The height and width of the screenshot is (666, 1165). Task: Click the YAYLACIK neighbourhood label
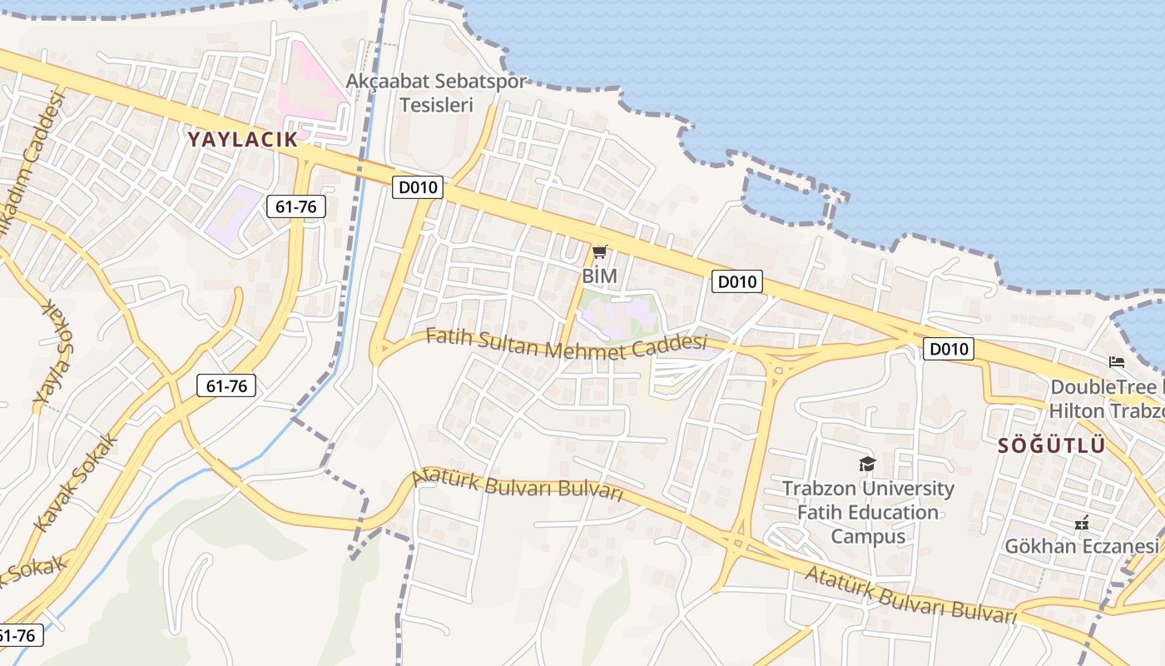point(242,139)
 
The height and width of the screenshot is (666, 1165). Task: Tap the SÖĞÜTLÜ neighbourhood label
point(1052,445)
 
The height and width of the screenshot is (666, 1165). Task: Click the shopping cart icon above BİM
point(599,251)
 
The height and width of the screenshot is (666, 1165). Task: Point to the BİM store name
point(599,276)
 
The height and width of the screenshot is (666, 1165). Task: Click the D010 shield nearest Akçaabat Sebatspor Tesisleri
point(418,187)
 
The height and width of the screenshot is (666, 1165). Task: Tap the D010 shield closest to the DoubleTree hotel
point(948,349)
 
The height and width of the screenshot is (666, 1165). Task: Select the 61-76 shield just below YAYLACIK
point(296,206)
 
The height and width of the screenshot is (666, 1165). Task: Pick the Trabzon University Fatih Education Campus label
point(868,512)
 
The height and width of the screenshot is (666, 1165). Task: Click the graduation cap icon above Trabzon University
point(867,464)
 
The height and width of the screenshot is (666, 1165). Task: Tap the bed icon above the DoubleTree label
point(1117,362)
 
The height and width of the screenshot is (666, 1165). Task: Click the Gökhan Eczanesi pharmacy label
point(1081,546)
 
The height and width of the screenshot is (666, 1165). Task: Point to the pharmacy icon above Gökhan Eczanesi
point(1082,523)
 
